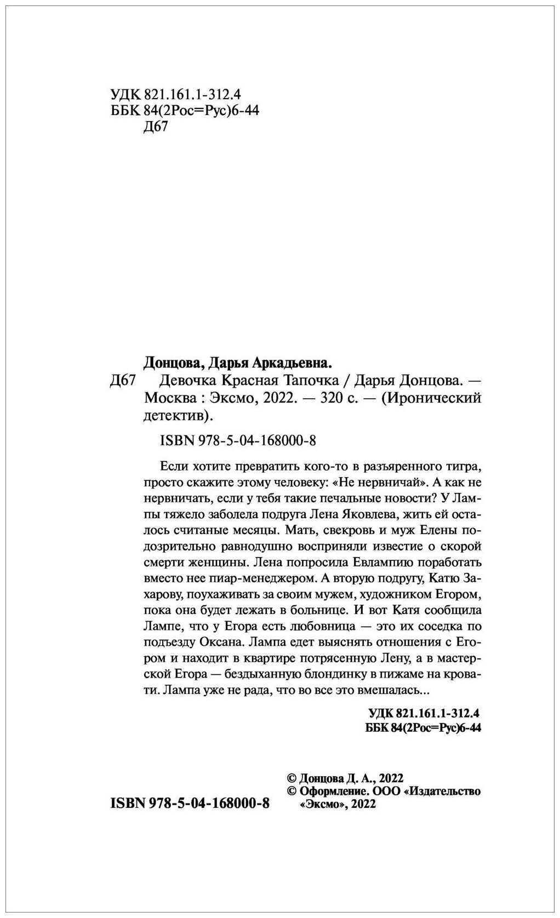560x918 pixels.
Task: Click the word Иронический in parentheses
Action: (433, 398)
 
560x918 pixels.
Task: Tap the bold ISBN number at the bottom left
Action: (190, 804)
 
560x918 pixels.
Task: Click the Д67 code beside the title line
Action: (123, 381)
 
